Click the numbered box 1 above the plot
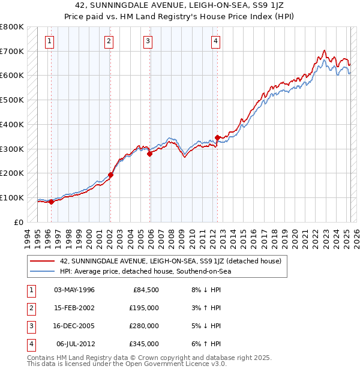coord(49,41)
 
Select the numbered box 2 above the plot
coord(109,41)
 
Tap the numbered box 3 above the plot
coord(148,41)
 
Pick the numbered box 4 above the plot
coord(215,41)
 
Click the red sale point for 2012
coord(217,137)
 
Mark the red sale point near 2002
coord(110,175)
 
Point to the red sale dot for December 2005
coord(150,154)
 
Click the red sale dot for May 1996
coord(51,202)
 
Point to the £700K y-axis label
coord(12,51)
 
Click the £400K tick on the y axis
coord(12,124)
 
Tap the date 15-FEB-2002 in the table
coord(74,308)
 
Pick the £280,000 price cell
coord(144,326)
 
